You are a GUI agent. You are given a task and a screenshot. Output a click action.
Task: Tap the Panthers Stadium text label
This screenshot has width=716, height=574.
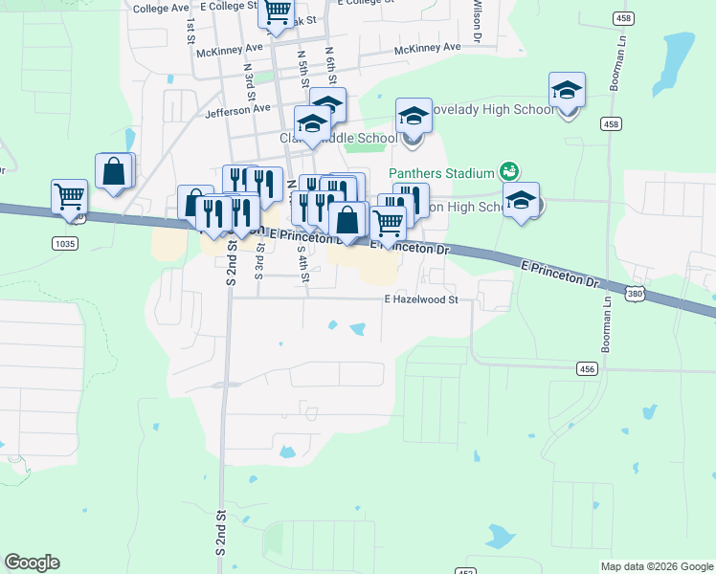point(441,173)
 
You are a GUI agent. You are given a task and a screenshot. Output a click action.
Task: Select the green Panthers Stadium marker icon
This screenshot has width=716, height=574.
point(509,172)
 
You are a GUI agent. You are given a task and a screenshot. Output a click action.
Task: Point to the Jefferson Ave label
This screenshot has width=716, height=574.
point(236,110)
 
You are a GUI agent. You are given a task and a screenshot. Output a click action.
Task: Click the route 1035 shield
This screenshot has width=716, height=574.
point(65,244)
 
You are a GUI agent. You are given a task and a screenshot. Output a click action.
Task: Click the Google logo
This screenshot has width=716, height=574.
point(32,563)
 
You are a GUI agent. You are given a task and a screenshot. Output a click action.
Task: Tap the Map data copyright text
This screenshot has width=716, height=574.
point(656,566)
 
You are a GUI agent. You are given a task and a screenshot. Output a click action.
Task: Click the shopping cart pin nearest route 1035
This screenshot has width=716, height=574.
point(69,197)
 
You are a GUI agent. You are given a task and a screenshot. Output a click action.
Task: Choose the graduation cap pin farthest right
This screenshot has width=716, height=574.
point(567,91)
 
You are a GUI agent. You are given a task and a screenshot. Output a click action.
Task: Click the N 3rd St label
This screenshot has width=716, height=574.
point(249,82)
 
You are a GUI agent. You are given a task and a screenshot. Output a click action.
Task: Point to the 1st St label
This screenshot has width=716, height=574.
point(190,29)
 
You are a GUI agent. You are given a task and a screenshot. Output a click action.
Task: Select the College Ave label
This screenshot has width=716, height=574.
point(162,9)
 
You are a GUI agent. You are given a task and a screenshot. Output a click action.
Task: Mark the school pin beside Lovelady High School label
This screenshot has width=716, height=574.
point(414,116)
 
